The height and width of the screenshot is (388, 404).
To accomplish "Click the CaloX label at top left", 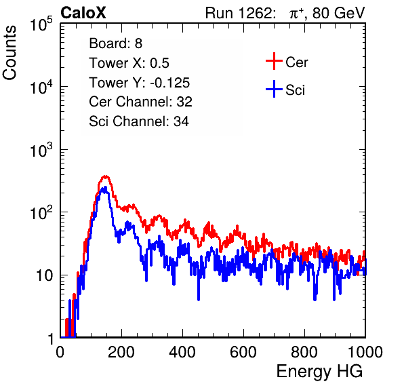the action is [x=83, y=13].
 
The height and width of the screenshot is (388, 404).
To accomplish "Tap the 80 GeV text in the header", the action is [x=338, y=13].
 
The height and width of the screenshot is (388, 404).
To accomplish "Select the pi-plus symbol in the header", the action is [x=296, y=14].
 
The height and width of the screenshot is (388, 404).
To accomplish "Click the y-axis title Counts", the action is [x=9, y=53].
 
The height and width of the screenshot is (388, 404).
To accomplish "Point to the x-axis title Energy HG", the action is [x=319, y=372].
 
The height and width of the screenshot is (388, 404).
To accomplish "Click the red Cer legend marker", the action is [x=274, y=61].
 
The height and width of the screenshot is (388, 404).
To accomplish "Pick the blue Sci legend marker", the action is [x=274, y=90].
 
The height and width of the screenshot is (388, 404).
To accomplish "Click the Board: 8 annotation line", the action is [x=116, y=43].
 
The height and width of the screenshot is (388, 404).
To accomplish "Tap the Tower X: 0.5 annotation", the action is [x=129, y=63].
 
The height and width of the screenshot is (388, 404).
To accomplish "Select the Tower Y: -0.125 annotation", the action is [x=140, y=83].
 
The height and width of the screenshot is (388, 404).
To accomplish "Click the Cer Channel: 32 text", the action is [x=141, y=102].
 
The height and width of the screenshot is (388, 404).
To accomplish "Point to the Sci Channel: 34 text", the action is [x=139, y=121].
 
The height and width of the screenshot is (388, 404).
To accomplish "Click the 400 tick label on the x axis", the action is [x=182, y=352].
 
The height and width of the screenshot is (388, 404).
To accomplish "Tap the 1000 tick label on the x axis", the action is [x=365, y=352].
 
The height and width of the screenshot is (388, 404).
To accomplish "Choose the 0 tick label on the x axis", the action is [x=60, y=352].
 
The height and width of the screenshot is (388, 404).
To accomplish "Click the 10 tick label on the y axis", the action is [x=45, y=275].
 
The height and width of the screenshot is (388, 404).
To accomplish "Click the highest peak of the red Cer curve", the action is [x=105, y=176].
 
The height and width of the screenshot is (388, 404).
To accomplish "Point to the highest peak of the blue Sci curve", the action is [x=104, y=188].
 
